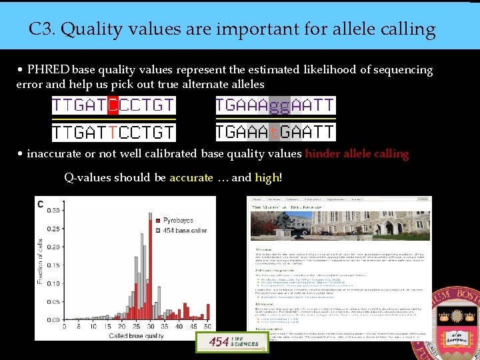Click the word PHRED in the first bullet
point(49,70)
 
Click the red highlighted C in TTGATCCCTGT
point(113,105)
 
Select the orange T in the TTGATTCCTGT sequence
point(113,132)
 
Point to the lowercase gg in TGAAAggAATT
point(281,105)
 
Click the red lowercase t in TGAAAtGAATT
point(275,132)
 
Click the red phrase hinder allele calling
point(357,154)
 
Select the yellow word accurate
point(191,178)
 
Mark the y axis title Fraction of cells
point(41,262)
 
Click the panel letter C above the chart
point(41,204)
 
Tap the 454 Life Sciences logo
point(223,342)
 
